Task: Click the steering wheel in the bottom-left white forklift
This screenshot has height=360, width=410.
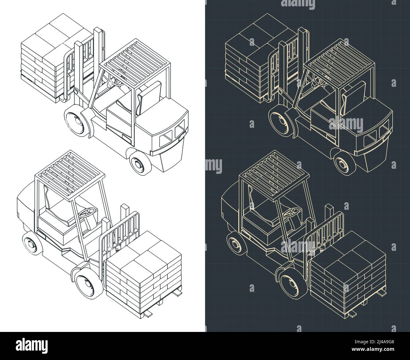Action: [88, 212]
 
